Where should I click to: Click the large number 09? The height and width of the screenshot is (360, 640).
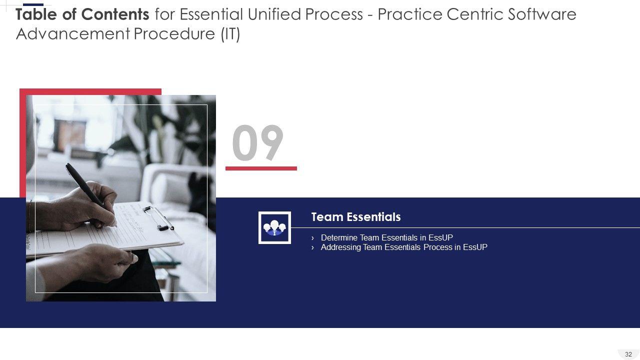point(257,142)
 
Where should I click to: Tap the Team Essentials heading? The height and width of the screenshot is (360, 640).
point(355,217)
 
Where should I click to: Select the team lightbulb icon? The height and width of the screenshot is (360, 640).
point(274,227)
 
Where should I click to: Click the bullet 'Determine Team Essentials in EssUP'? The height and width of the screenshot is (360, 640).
point(386,237)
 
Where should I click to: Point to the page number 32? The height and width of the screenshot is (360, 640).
point(628,354)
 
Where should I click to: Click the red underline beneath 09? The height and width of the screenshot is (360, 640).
point(261,168)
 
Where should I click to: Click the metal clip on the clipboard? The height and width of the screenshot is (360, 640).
point(158,218)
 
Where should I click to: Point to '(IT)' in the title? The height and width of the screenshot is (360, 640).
point(230,34)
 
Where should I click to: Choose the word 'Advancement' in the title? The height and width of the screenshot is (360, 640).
point(73,34)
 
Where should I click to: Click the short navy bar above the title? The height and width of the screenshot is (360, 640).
point(33,4)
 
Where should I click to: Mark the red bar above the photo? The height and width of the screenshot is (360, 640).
point(90,91)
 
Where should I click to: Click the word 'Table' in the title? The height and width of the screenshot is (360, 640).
point(36,14)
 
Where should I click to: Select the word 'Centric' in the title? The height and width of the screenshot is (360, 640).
point(474,14)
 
